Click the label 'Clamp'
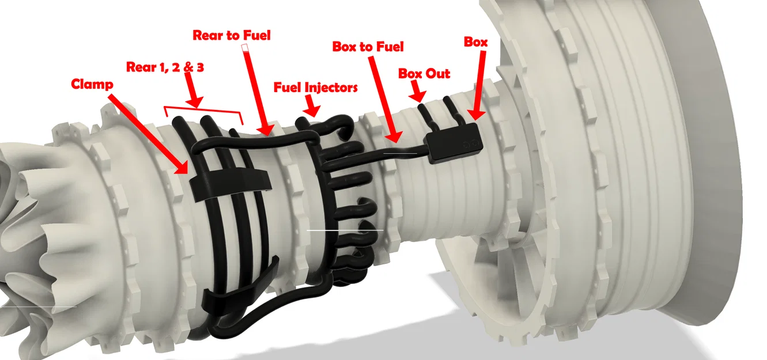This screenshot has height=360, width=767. [x=92, y=84]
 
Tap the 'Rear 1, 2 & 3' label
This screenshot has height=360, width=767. [x=165, y=67]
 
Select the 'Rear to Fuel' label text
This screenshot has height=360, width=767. [x=231, y=35]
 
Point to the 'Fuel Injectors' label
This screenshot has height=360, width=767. [x=315, y=88]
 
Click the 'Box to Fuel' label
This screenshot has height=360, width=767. [x=368, y=47]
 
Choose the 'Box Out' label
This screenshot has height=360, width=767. [x=424, y=74]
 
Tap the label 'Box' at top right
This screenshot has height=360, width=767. [x=476, y=42]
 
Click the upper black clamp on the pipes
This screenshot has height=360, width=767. [x=231, y=183]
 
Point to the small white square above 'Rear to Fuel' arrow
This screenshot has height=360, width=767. [x=245, y=48]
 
